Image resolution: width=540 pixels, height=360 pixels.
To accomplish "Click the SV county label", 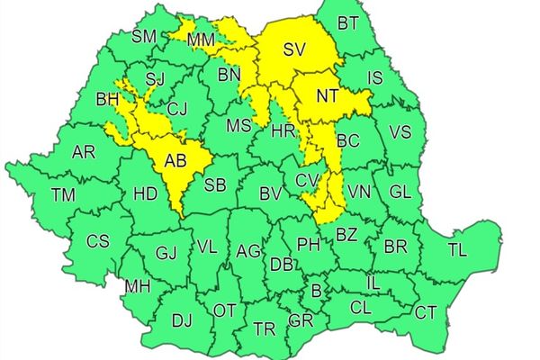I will (295, 50).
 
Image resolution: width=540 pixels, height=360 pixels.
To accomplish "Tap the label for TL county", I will (457, 249).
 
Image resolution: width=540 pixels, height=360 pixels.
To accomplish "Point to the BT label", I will (347, 22).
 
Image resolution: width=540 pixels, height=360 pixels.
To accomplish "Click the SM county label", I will (144, 37).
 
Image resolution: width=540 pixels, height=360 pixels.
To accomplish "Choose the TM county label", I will (63, 193).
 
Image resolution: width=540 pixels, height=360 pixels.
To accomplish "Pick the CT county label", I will (426, 312).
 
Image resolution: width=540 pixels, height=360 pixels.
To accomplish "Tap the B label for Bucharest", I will (316, 291).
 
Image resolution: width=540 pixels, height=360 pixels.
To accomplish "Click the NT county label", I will (328, 94).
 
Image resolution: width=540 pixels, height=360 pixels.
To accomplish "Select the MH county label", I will (138, 287).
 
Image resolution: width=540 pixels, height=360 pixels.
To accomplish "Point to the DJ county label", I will (182, 319).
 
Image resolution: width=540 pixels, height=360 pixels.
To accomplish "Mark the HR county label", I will (283, 131).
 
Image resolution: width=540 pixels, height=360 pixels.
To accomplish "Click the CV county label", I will (307, 180).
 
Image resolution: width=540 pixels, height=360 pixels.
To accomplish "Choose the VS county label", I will (400, 133).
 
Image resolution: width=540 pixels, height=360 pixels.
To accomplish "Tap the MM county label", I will (202, 40).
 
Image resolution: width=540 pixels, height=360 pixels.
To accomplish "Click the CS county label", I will (97, 241).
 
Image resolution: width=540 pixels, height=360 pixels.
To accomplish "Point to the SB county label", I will (215, 184).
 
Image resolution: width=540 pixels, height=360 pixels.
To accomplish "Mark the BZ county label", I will (346, 235).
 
